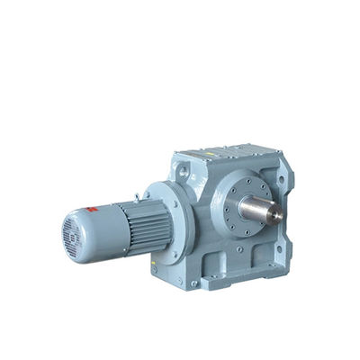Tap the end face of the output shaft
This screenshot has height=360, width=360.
[276, 215]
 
